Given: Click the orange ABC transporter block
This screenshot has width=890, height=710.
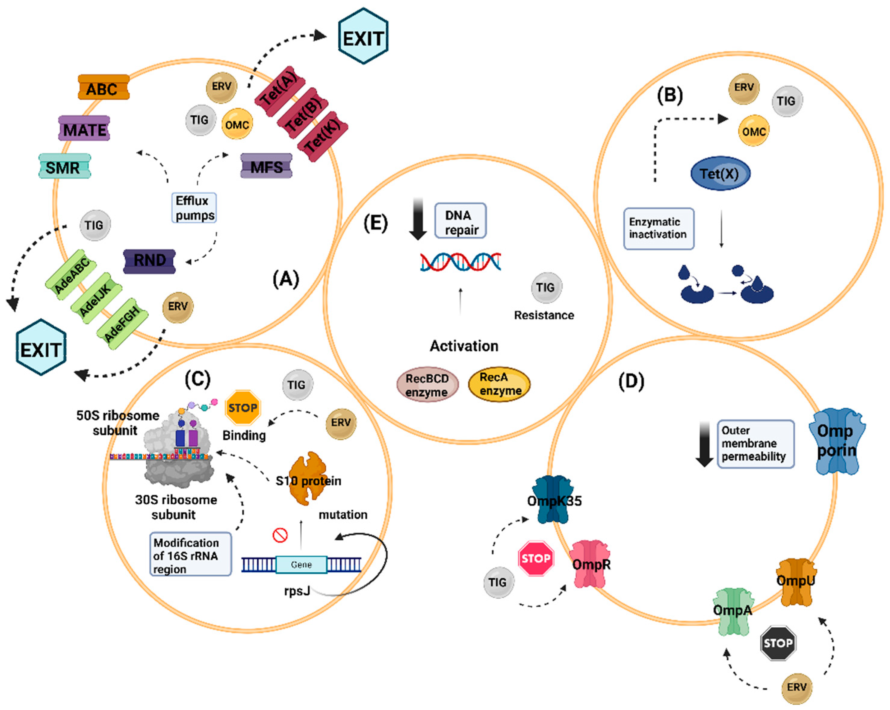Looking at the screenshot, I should coord(103,88).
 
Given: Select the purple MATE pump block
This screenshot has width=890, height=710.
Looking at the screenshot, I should coord(84,128).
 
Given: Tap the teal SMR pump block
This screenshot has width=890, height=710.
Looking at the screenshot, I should coord(64,167).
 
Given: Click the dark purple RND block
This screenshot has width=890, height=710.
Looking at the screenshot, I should coord(149,261).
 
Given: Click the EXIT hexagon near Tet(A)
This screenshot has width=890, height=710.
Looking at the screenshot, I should coord(363,37).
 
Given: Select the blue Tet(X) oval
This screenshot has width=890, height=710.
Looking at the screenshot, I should coord(720,174).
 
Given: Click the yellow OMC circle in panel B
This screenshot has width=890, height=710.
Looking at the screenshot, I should coord(753,131).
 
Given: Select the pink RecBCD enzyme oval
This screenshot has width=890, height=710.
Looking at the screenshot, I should coord(427,385).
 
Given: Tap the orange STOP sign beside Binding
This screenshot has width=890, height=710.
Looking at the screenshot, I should coord(243,408).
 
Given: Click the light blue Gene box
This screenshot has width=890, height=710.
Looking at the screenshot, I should coord(301,565).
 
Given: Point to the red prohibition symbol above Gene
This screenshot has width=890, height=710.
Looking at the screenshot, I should coord(280,536).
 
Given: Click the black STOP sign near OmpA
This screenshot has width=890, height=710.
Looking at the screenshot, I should coord(778,643).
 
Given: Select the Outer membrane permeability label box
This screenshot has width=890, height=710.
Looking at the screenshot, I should coord(755,444).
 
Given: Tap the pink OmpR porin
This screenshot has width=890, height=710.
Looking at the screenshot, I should coord(590,564).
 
